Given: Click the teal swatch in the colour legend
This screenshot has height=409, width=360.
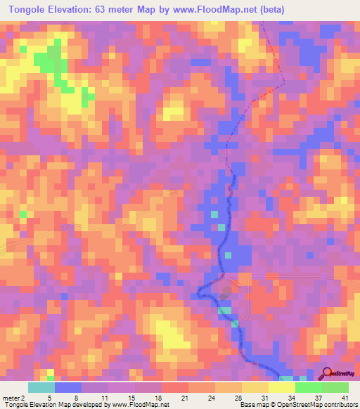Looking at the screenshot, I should [41, 387].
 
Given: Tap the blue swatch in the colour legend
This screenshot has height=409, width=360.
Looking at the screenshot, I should [68, 387].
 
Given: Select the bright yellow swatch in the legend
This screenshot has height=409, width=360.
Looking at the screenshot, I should [282, 387].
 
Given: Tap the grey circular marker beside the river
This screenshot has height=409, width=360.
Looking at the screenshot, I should [225, 296].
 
